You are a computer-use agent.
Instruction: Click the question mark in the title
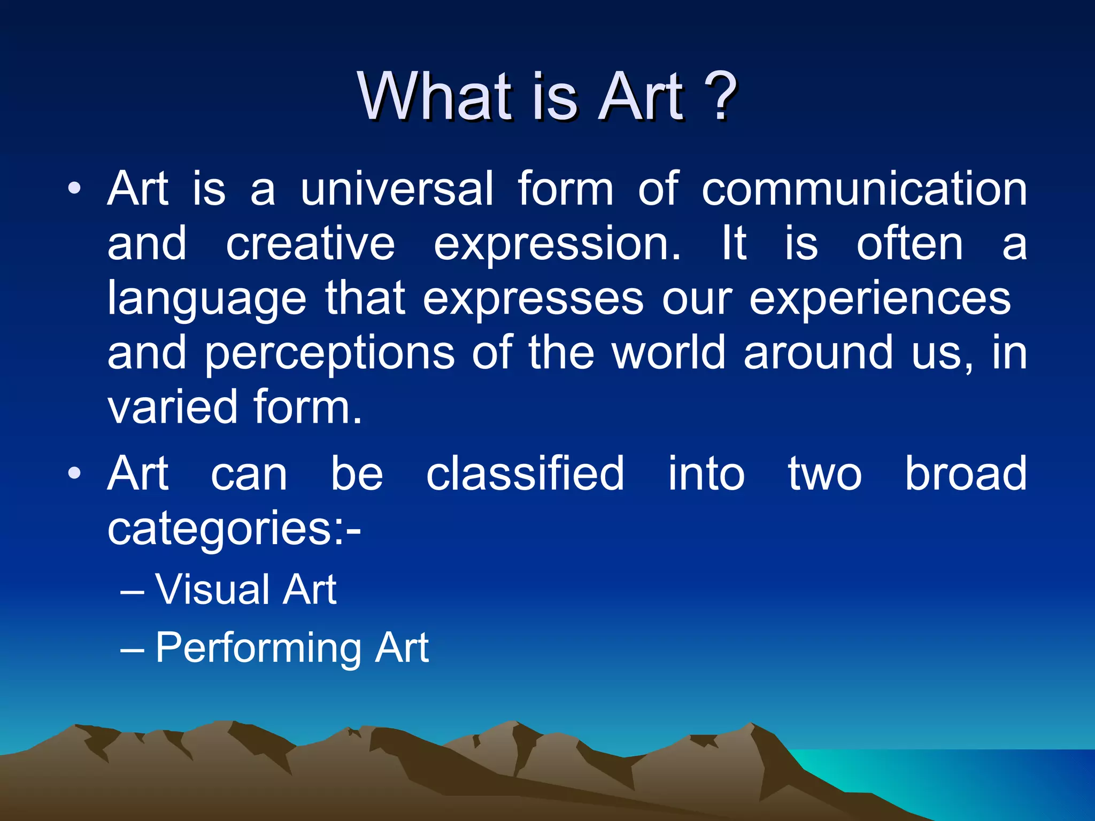[x=720, y=97]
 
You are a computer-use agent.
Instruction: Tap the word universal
[x=397, y=189]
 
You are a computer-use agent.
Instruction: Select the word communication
[x=863, y=189]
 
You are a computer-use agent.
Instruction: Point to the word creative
[x=310, y=244]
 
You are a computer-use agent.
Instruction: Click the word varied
[x=172, y=407]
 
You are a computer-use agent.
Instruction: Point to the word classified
[x=525, y=474]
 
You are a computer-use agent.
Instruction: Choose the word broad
[x=965, y=474]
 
